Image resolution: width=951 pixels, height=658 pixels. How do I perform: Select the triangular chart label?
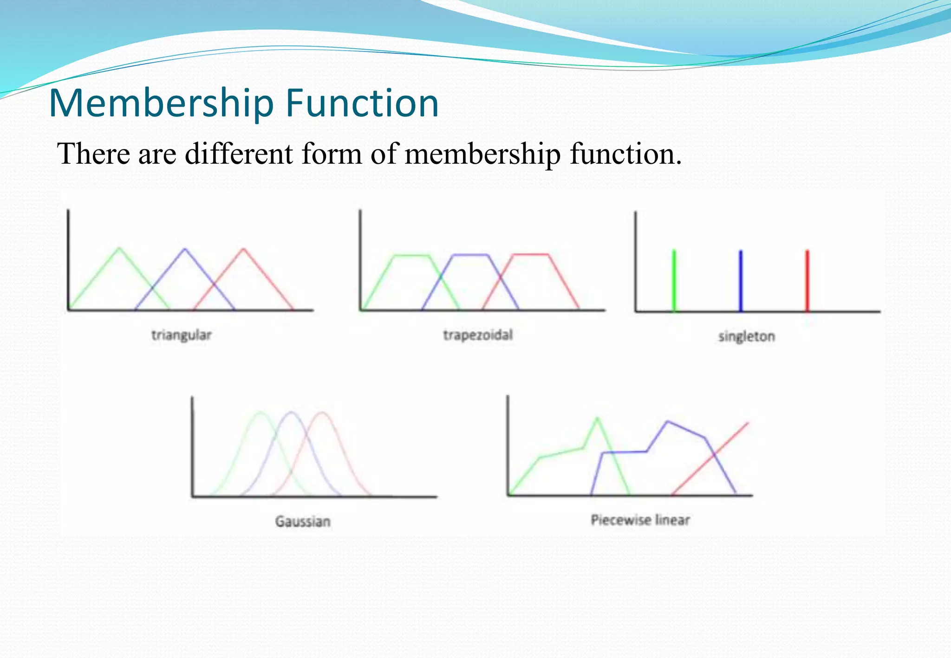(x=182, y=335)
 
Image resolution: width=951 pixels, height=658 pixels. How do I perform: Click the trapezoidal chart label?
(x=478, y=335)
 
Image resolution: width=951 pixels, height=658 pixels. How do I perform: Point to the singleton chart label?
(x=747, y=336)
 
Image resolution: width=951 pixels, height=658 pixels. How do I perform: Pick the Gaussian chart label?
(x=303, y=522)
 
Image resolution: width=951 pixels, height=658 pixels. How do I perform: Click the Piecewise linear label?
(x=640, y=520)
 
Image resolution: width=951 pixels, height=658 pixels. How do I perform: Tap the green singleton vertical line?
(x=674, y=280)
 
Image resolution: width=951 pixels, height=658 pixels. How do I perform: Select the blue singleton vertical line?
(x=741, y=280)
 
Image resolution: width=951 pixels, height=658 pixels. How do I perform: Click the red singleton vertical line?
(x=807, y=280)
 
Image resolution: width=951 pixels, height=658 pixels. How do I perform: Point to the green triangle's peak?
(x=119, y=248)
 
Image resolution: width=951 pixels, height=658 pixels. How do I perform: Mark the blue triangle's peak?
(x=185, y=249)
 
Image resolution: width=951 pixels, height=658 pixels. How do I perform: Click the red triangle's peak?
(x=243, y=249)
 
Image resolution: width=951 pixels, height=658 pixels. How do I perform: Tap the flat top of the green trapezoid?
(x=411, y=255)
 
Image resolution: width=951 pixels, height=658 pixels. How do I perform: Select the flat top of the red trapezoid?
(x=530, y=254)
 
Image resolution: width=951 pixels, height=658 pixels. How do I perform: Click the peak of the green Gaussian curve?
(x=261, y=412)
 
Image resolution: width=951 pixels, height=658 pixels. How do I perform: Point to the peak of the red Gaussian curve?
(x=322, y=412)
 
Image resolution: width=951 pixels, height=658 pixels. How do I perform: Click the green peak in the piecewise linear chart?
(x=597, y=418)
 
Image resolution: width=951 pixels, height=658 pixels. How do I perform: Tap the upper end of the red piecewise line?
(x=748, y=423)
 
